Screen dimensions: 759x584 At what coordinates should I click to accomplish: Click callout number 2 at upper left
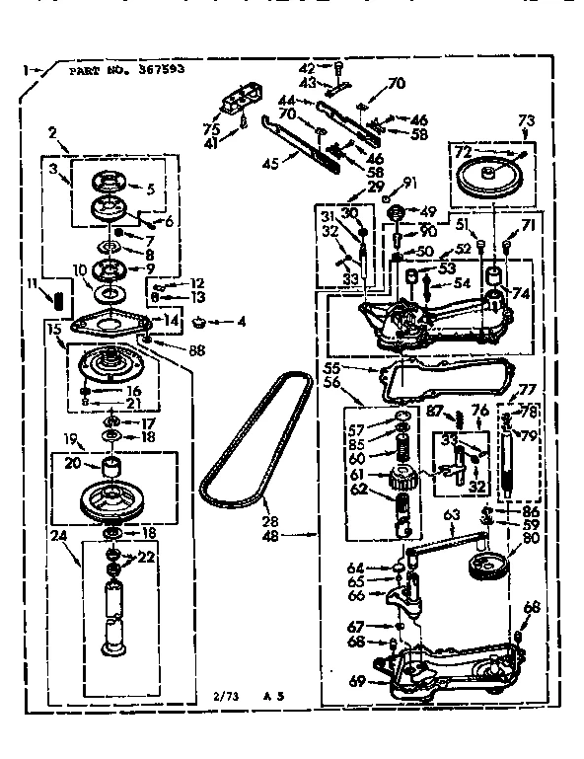click(x=52, y=131)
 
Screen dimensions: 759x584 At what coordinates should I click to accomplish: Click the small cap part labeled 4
click(x=204, y=322)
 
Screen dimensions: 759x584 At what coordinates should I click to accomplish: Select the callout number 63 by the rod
click(x=452, y=513)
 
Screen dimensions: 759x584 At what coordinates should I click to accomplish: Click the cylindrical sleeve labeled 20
click(x=111, y=465)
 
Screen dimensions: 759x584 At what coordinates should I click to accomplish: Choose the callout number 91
click(x=412, y=181)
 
